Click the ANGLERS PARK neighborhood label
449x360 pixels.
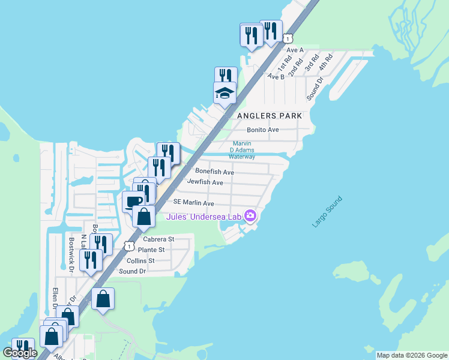tap(268, 115)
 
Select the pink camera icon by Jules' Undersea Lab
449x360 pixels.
tap(250, 217)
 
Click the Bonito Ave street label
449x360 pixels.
tap(263, 130)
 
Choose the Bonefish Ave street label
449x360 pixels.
tap(214, 172)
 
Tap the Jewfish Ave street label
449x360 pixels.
tap(205, 182)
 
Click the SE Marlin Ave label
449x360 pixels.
tap(194, 203)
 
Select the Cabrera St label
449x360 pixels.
tap(158, 239)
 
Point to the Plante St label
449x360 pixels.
tap(151, 250)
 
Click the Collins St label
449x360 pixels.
tap(140, 260)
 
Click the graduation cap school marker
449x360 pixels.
tap(224, 93)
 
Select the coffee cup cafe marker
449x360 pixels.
tap(134, 201)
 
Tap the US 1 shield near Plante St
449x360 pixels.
tap(128, 246)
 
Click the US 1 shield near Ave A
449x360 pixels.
tap(289, 38)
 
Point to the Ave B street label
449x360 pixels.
tap(276, 76)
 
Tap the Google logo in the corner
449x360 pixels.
tap(20, 353)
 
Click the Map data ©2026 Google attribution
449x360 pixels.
tap(412, 355)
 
